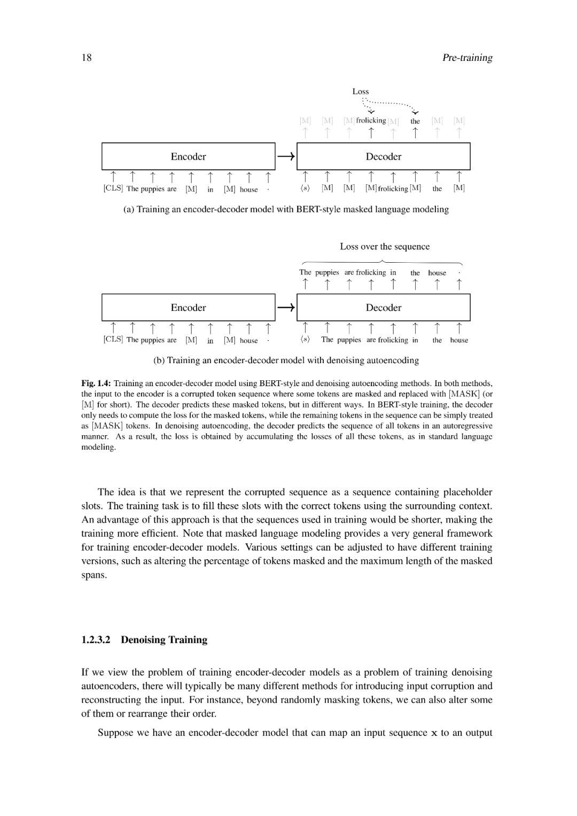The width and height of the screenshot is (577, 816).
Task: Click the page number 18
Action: pos(87,58)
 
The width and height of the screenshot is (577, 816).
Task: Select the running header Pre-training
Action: pos(467,58)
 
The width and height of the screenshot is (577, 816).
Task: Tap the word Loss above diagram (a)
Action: pos(361,91)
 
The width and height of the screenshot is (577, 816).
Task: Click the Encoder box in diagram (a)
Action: pos(188,156)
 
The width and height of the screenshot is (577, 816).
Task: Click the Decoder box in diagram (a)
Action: pos(384,156)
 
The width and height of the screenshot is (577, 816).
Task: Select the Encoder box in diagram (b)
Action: pos(188,308)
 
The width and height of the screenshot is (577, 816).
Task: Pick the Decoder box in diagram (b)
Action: pos(384,308)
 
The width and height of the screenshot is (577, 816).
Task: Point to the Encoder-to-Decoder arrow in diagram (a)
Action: pos(286,156)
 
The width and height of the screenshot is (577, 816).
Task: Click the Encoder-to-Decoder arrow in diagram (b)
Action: pos(286,308)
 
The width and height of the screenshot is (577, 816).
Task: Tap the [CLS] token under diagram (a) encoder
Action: pos(113,189)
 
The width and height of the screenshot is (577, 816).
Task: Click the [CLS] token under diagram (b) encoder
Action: pos(113,340)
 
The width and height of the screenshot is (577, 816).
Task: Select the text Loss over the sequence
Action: pos(385,247)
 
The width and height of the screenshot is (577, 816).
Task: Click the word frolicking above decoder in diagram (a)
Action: pos(371,121)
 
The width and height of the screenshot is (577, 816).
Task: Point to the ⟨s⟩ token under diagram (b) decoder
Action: pos(305,340)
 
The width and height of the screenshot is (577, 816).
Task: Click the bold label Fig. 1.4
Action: pos(96,383)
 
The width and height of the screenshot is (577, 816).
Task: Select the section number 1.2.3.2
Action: pos(96,640)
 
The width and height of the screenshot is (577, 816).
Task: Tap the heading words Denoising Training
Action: pos(164,640)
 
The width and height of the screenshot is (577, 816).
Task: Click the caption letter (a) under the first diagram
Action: pos(129,209)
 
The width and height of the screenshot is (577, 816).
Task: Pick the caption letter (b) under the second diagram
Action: pos(159,360)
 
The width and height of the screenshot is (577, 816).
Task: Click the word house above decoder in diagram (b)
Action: pos(437,273)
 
